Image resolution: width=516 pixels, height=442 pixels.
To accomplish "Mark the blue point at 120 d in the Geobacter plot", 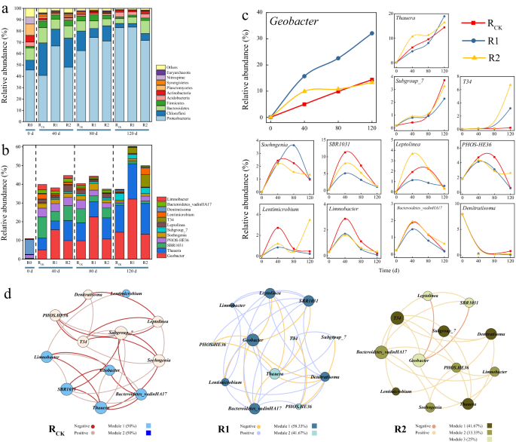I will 372,33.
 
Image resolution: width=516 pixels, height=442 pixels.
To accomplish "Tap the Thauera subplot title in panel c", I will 409,16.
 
